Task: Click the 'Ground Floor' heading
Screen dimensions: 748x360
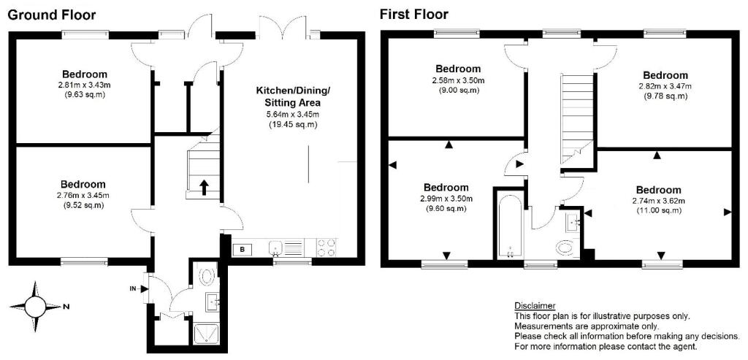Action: coord(52,15)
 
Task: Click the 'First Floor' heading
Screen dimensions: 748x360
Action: coord(413,15)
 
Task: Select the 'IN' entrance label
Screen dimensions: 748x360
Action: coord(132,288)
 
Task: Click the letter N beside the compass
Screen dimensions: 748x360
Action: coord(64,307)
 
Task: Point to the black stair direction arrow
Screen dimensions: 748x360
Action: coord(204,188)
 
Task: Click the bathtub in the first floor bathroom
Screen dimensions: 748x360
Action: coord(510,225)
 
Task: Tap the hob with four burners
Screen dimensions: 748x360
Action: coord(327,248)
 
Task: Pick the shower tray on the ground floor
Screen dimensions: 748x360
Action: coord(207,334)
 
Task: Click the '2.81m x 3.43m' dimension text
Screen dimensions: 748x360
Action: coord(85,85)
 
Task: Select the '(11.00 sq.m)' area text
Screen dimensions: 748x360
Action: coord(658,210)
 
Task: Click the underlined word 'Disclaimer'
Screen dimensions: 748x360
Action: coord(535,306)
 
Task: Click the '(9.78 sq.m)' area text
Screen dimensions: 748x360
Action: coord(665,96)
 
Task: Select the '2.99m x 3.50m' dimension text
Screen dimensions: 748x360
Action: coord(446,199)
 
